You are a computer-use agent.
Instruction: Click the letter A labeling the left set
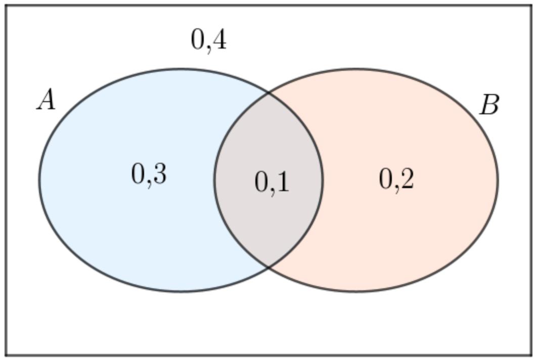click(46, 100)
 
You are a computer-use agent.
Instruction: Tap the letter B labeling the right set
click(489, 105)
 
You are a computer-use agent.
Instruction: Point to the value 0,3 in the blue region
click(149, 174)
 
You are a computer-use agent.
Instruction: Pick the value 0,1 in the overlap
click(272, 182)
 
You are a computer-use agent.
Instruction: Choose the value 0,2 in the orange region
click(396, 179)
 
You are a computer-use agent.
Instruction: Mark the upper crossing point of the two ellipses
click(268, 92)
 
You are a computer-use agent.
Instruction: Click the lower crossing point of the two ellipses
click(268, 266)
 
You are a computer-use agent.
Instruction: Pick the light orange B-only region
click(413, 234)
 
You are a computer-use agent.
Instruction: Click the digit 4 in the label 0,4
click(218, 39)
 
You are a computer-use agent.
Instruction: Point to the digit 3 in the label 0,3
click(159, 174)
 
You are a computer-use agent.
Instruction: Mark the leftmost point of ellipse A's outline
click(39, 180)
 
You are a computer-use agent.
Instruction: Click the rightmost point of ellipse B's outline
click(498, 180)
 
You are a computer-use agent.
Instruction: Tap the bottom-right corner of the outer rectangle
click(531, 354)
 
